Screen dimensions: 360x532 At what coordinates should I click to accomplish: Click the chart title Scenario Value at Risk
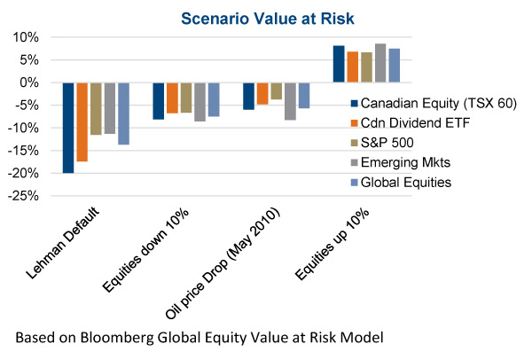pos(266,16)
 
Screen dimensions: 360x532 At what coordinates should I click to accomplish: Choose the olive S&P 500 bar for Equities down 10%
pos(186,98)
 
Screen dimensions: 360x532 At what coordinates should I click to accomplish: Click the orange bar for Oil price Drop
pos(262,93)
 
